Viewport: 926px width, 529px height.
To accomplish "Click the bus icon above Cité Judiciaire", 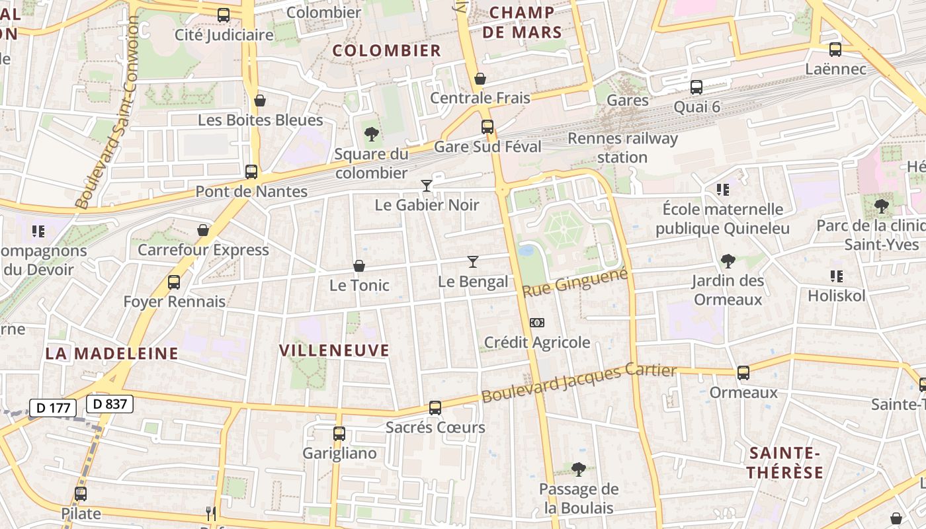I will [224, 15].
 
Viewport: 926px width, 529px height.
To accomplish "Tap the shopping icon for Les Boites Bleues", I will [260, 101].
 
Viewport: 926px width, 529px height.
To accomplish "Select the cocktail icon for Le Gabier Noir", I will [427, 186].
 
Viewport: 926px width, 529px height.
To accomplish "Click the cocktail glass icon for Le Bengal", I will [472, 262].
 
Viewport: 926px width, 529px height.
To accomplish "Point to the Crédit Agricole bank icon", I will [537, 323].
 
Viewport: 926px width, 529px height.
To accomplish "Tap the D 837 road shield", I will [110, 403].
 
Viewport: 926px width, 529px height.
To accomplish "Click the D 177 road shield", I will [53, 407].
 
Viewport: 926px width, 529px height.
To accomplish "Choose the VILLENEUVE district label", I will [334, 350].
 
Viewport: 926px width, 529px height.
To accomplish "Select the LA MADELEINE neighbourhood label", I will [112, 353].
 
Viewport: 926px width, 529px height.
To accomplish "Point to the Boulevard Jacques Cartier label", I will [579, 383].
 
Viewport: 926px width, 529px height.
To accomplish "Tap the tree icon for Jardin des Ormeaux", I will [728, 261].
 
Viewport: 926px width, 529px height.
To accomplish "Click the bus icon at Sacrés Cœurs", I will [435, 408].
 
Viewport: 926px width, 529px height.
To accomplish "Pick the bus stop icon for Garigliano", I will [339, 434].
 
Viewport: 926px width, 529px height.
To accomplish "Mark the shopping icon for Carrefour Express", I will [203, 230].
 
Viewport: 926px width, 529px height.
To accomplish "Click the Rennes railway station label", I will [622, 147].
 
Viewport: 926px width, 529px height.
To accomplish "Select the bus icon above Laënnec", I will [835, 50].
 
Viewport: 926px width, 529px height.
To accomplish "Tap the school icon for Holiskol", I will [836, 276].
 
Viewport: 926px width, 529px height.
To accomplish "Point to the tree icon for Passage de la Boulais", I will [578, 469].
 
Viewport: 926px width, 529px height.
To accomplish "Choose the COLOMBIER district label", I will [386, 50].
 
